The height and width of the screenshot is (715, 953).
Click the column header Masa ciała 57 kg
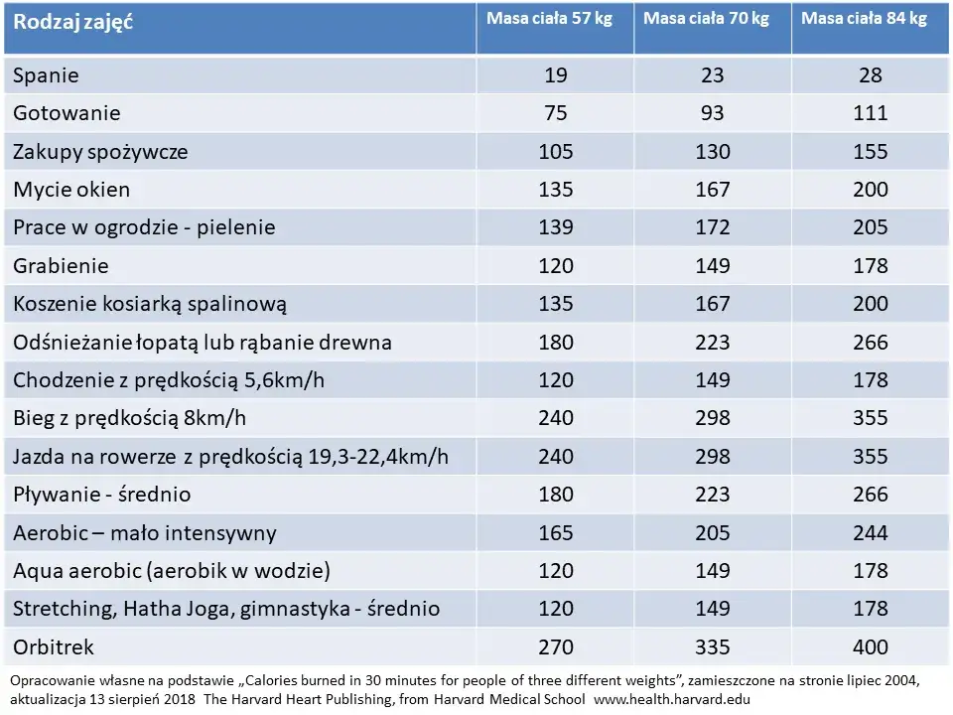[549, 19]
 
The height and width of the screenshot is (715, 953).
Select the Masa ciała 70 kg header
[706, 19]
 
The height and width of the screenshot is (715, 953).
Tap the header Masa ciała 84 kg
[865, 19]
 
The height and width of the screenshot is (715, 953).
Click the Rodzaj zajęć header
[72, 23]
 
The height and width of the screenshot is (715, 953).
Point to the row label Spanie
[47, 75]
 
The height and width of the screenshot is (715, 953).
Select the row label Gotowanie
[67, 113]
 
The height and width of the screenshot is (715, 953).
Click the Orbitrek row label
[54, 646]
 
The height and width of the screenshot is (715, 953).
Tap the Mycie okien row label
[71, 190]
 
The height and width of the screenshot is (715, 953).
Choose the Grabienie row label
[61, 266]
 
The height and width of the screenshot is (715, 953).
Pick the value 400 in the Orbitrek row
[871, 646]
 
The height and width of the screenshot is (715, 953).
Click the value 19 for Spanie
[556, 75]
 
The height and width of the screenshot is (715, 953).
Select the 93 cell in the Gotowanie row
[713, 113]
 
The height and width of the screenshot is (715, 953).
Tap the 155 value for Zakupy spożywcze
[871, 151]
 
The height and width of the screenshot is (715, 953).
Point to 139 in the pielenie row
[556, 227]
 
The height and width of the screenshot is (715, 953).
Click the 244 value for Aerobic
[871, 533]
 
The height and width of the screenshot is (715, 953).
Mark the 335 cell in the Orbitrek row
[713, 646]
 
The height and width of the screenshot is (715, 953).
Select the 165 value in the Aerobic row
[556, 533]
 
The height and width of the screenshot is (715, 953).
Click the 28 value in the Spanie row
[871, 75]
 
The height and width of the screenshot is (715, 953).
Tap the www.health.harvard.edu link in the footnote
[672, 700]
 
